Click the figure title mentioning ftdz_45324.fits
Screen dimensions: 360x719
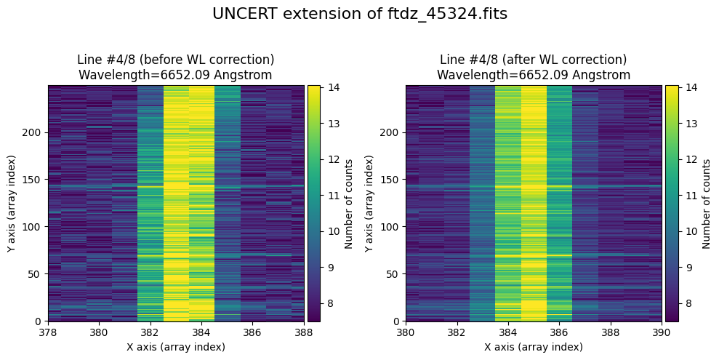[x=359, y=14]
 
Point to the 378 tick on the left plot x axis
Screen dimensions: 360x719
[x=48, y=332]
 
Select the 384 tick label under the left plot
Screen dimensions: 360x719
[x=201, y=332]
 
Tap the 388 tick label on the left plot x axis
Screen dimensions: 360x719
[x=303, y=332]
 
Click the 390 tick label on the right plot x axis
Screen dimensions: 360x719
[x=661, y=332]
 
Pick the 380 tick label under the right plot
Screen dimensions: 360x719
[x=406, y=332]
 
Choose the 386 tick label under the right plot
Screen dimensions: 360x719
[x=559, y=332]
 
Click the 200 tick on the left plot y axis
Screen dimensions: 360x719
[x=33, y=132]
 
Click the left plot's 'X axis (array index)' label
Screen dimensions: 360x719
[x=176, y=347]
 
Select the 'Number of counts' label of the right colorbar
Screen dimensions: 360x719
[x=707, y=203]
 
